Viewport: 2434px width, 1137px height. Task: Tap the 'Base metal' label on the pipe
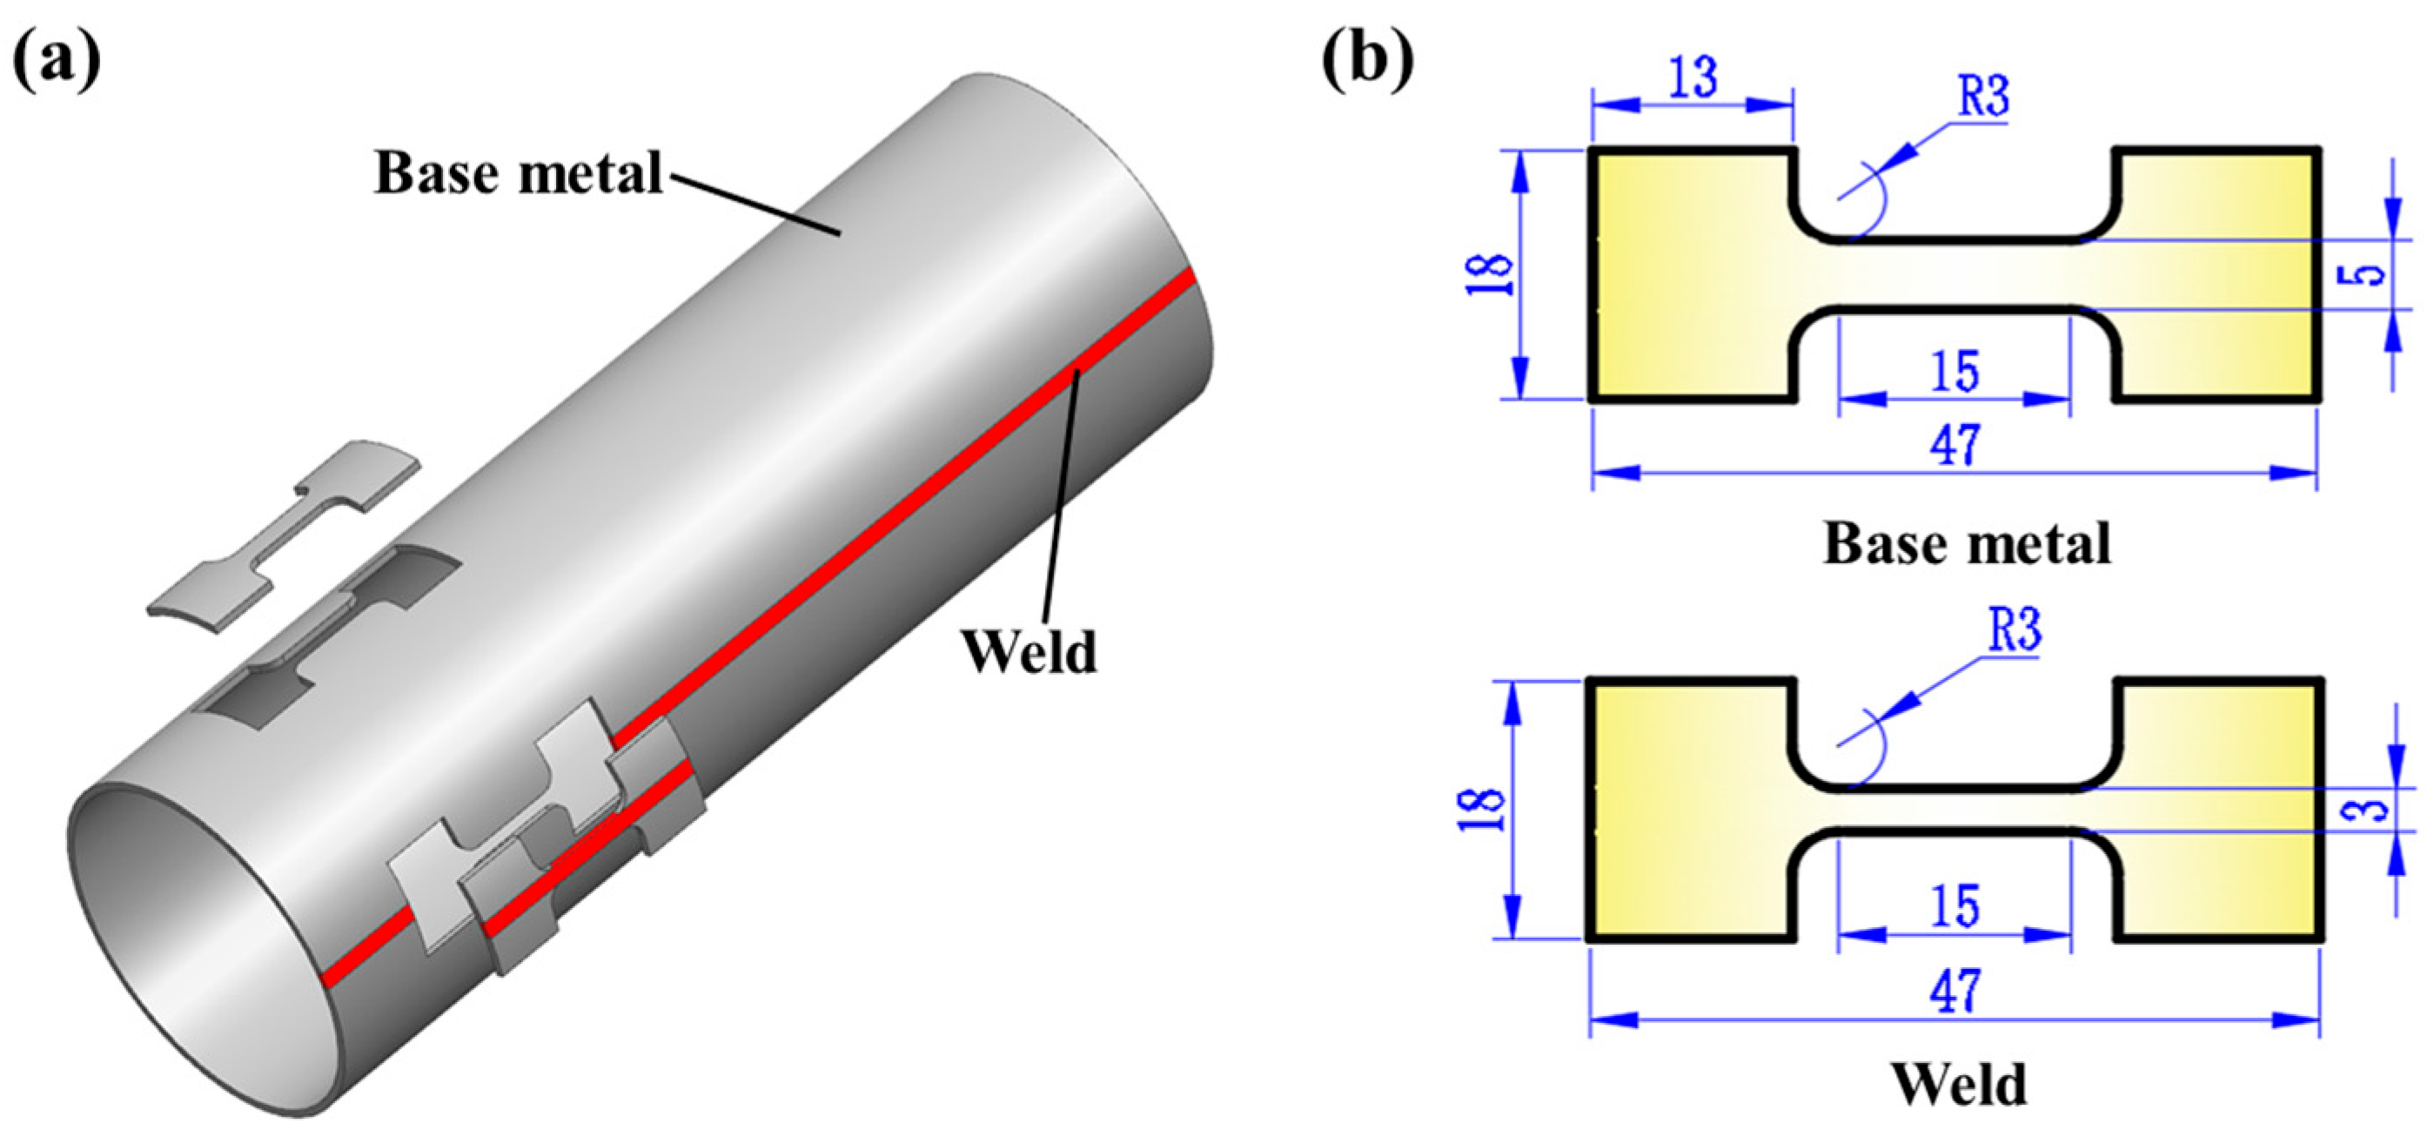pos(518,174)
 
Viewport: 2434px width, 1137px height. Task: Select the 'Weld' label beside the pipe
pos(1028,652)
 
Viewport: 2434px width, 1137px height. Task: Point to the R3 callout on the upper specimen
pos(1982,97)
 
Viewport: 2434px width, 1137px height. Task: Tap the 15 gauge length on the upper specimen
pos(1954,371)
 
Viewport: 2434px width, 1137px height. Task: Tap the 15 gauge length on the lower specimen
pos(1954,905)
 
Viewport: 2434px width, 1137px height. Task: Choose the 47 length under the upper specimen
pos(1954,444)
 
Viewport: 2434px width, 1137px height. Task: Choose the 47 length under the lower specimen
pos(1954,991)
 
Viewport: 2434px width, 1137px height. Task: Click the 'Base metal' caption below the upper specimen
pos(1965,544)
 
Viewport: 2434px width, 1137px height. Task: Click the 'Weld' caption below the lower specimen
pos(1958,1085)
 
